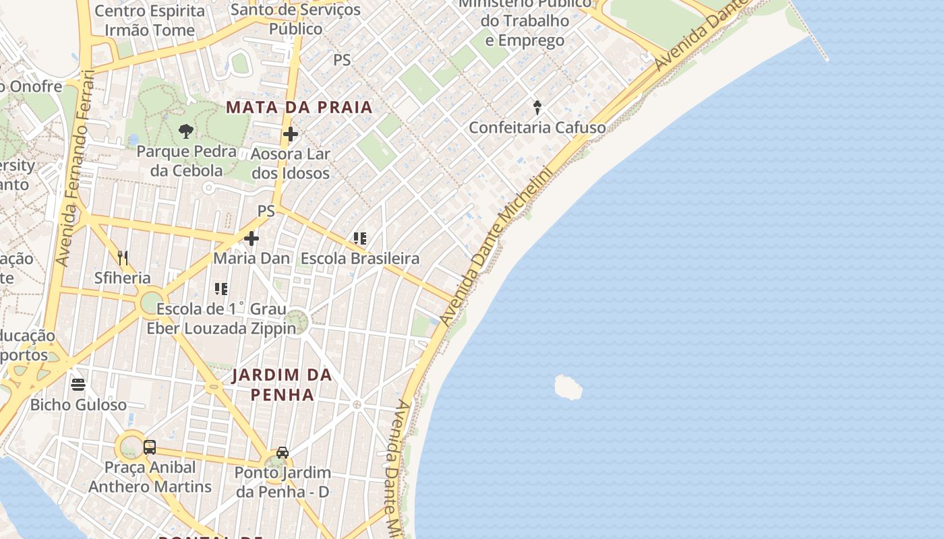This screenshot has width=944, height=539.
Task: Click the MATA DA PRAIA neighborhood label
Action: point(299,107)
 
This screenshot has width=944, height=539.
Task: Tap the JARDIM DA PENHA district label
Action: point(283,385)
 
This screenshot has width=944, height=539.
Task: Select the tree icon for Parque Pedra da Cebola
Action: point(185,131)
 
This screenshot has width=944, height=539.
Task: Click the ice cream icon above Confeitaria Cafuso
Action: point(537,107)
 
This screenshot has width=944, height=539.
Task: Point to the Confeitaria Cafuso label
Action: point(537,127)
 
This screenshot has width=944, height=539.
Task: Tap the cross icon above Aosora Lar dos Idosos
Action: point(291,134)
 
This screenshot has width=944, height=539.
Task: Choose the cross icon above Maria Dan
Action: point(252,239)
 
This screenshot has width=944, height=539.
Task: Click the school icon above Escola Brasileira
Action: point(360,239)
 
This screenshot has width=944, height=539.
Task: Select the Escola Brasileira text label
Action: point(360,258)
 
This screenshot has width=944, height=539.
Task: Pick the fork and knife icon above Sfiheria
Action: point(123,258)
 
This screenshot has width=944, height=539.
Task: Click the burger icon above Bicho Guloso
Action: point(78,385)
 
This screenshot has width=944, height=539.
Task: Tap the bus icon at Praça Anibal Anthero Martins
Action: point(150,447)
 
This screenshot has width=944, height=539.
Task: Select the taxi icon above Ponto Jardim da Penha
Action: point(283,453)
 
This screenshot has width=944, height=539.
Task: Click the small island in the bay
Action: point(568,387)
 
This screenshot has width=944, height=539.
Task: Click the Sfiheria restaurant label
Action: point(123,278)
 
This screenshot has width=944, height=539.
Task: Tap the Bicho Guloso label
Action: point(78,405)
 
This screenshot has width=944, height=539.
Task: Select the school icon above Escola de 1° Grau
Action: point(220,289)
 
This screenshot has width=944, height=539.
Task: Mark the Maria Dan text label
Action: point(252,258)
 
